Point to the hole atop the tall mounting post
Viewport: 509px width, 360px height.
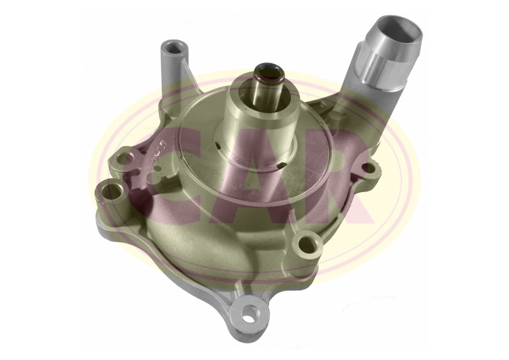[174, 48]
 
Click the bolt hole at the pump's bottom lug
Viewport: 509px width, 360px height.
[253, 313]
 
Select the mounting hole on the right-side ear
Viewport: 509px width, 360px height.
[367, 169]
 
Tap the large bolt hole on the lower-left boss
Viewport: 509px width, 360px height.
[112, 190]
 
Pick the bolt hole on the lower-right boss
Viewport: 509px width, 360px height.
[308, 242]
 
